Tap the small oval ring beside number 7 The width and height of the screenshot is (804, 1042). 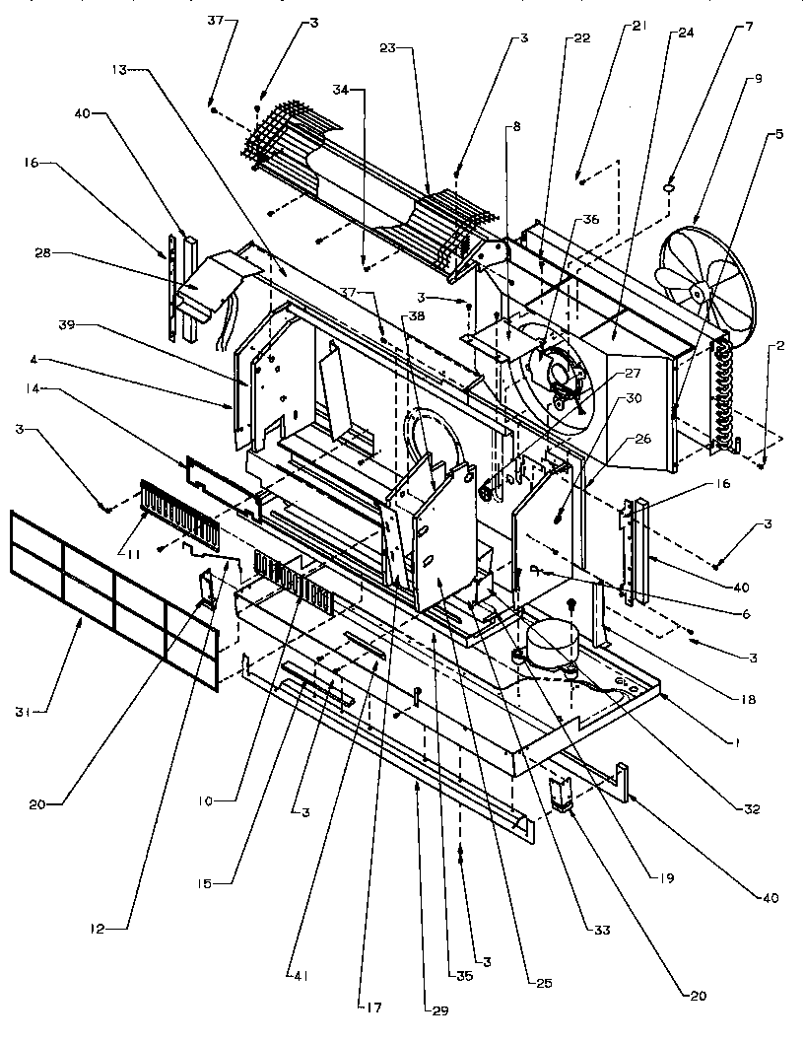pos(669,185)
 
